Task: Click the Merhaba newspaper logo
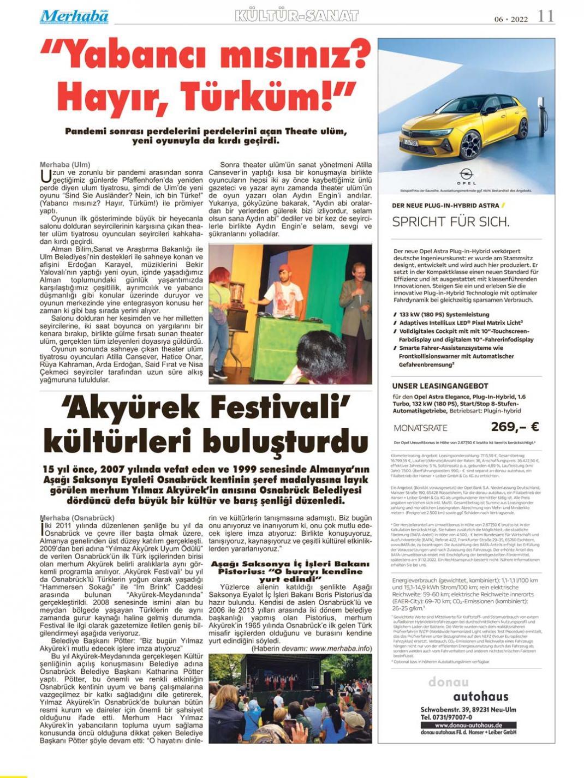[x=74, y=17]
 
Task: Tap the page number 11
[x=546, y=16]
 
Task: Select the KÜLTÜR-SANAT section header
[x=297, y=16]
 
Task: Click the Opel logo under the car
[x=467, y=174]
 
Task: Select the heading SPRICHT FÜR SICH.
[x=451, y=222]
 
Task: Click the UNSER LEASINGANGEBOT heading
[x=440, y=386]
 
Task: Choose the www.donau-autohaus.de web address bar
[x=468, y=725]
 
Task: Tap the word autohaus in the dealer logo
[x=480, y=696]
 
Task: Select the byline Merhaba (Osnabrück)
[x=77, y=517]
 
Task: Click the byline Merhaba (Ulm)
[x=65, y=164]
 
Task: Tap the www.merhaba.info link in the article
[x=341, y=649]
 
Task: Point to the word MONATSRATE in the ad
[x=420, y=428]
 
